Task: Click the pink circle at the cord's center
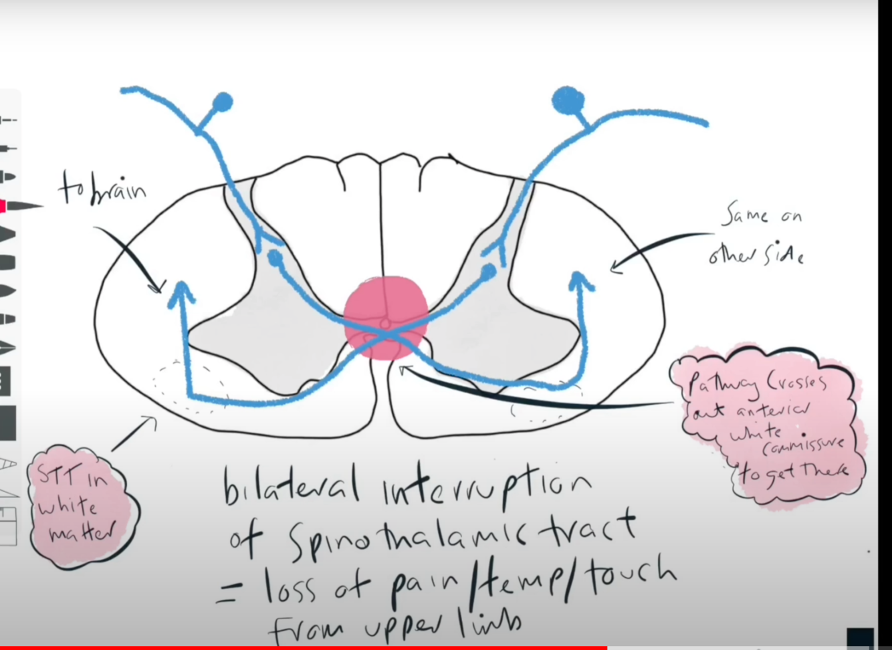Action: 386,318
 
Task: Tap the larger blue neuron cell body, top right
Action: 568,101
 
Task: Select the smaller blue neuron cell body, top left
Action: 223,102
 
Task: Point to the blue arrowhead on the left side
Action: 180,292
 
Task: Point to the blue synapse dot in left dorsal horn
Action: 275,257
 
